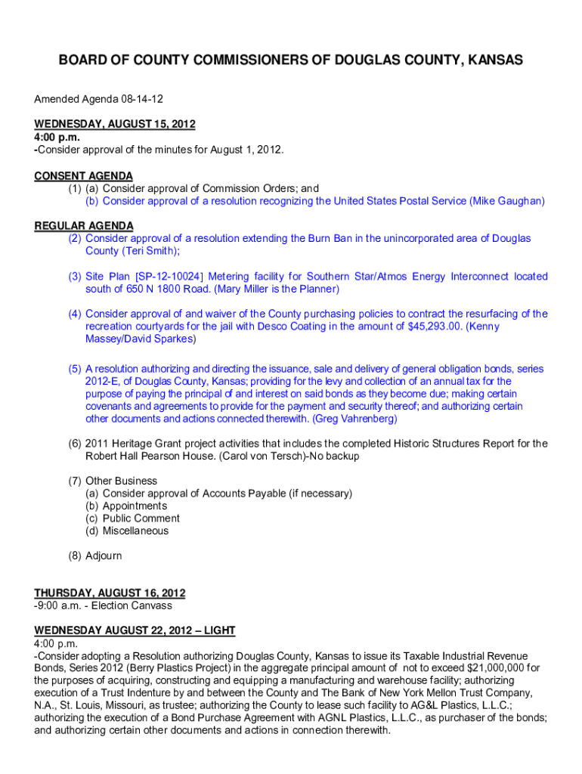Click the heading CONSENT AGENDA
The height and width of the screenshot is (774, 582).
click(83, 176)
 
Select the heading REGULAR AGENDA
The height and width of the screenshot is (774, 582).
click(84, 226)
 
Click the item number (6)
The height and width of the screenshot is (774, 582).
click(75, 444)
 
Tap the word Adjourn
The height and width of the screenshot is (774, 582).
click(104, 556)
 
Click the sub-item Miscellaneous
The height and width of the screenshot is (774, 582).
click(136, 531)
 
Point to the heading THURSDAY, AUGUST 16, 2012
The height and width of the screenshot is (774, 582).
click(110, 593)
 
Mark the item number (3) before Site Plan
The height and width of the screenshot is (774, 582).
click(75, 277)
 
